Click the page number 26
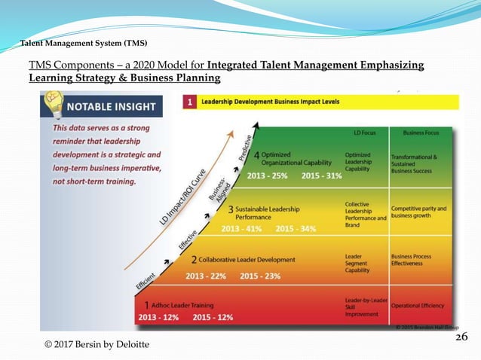(x=461, y=336)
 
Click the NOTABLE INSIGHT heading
(x=115, y=106)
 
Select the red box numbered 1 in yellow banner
(x=189, y=100)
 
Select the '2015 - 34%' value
(x=296, y=229)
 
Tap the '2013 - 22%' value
(x=206, y=276)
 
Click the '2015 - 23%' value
(x=260, y=276)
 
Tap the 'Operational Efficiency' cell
(x=418, y=306)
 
